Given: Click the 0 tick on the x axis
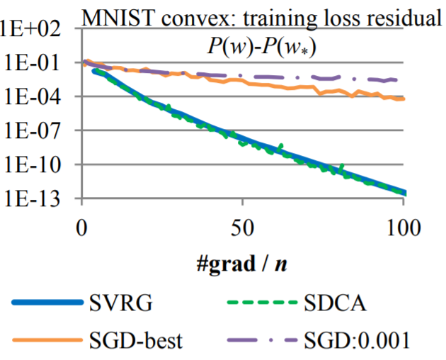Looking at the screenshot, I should point(83,228).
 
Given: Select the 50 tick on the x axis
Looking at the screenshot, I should point(243,228).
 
